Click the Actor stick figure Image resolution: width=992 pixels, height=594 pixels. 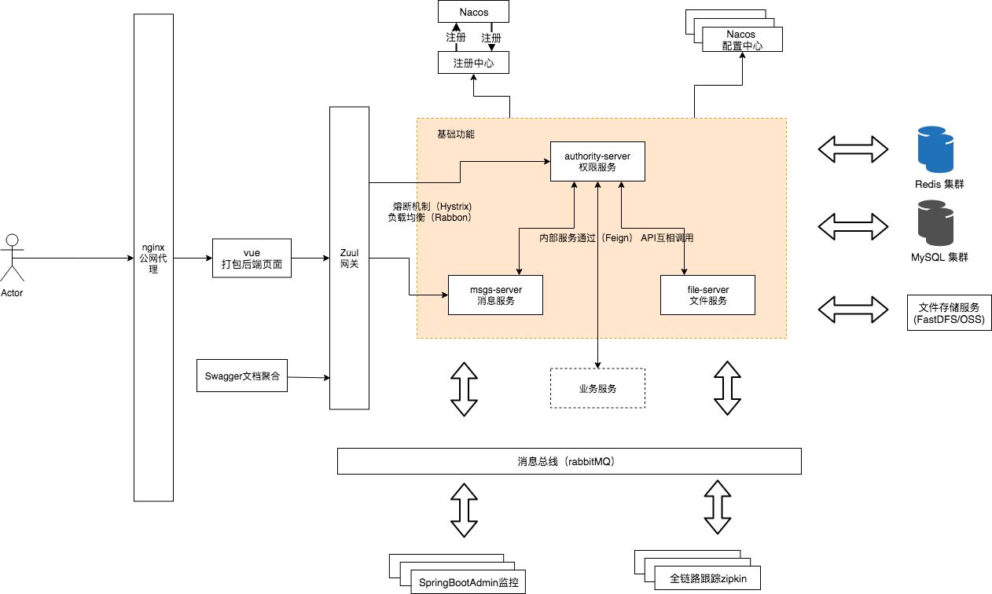12,258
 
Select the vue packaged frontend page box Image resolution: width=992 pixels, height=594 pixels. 252,258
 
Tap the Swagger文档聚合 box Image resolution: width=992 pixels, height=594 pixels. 241,376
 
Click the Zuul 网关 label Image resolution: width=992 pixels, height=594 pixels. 349,258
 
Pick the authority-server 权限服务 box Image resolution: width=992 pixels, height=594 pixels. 597,162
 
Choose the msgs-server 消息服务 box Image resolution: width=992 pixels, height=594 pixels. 495,295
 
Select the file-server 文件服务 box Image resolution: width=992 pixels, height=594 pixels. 707,295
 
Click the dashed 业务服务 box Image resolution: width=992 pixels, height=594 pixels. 597,388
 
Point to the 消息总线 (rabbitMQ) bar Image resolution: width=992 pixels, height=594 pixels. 569,461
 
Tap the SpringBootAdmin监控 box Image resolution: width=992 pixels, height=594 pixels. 468,582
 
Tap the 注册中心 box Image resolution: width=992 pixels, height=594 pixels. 473,63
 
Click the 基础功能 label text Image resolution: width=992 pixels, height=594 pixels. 456,134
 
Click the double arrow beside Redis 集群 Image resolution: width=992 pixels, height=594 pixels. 853,148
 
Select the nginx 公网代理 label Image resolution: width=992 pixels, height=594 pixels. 153,258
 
